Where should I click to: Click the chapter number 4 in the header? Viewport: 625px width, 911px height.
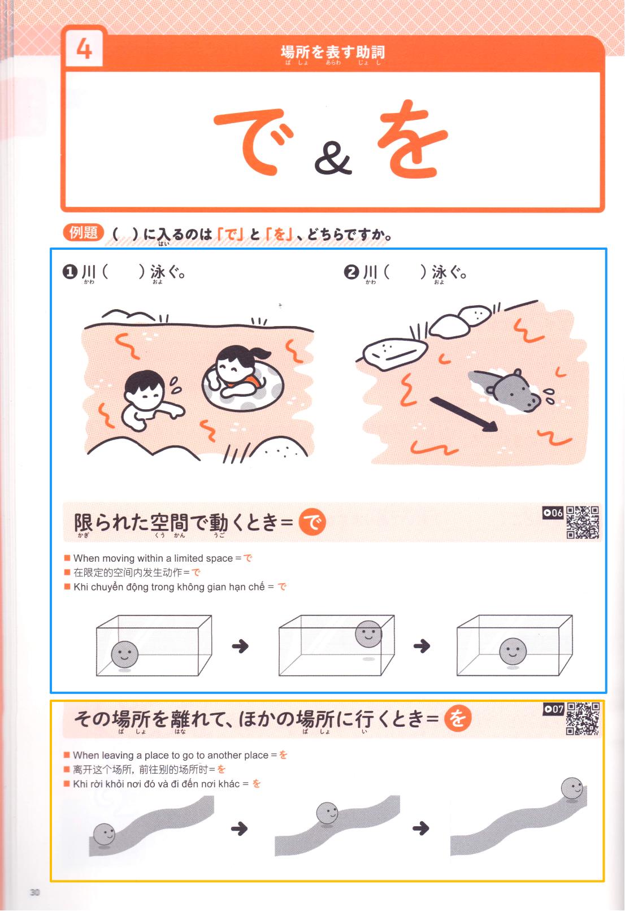point(84,49)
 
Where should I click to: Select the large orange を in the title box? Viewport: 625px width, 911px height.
point(412,140)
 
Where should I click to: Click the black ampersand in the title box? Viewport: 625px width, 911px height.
point(333,158)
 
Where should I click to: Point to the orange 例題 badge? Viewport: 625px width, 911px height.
point(84,233)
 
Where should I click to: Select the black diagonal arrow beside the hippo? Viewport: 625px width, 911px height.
point(464,414)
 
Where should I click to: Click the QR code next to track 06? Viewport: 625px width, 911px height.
point(583,523)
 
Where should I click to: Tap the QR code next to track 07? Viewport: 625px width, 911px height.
point(583,719)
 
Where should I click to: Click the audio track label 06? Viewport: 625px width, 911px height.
point(553,513)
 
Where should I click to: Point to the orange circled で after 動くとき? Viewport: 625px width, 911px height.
point(312,522)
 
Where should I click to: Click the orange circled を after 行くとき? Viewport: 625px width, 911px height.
point(458,718)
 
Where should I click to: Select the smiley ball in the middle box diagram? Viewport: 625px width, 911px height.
point(368,634)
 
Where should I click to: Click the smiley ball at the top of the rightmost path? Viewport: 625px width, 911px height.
point(572,788)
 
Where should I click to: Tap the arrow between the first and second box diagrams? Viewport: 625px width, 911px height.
point(240,647)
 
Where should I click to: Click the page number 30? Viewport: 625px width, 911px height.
point(35,892)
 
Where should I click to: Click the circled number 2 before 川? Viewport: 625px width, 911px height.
point(351,272)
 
